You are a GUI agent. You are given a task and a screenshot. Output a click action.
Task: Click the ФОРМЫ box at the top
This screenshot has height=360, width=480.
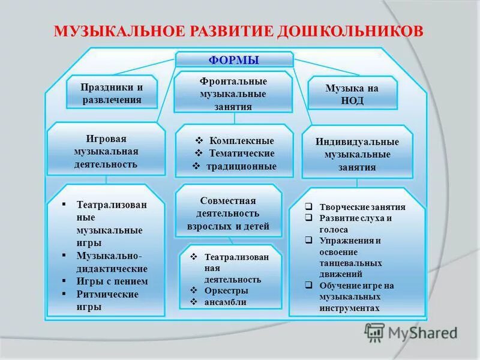click(233, 60)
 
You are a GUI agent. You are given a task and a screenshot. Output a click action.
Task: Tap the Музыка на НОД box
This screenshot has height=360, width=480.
click(352, 94)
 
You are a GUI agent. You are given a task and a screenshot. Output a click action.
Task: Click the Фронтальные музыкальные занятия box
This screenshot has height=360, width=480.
click(233, 93)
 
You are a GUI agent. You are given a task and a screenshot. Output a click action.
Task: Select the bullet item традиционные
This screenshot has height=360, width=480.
click(242, 167)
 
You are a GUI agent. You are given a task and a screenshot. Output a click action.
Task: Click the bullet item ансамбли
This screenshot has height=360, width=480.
click(225, 302)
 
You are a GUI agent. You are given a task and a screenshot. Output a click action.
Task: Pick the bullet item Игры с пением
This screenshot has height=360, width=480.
click(112, 281)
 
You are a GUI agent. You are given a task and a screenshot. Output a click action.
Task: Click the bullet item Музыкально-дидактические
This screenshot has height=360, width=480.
click(112, 262)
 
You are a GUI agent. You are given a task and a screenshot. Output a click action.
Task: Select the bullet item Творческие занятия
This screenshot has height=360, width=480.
click(362, 207)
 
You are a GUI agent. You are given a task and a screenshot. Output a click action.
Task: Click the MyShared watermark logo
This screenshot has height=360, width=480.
click(411, 332)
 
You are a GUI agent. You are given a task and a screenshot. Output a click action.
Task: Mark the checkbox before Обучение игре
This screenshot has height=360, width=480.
click(308, 286)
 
